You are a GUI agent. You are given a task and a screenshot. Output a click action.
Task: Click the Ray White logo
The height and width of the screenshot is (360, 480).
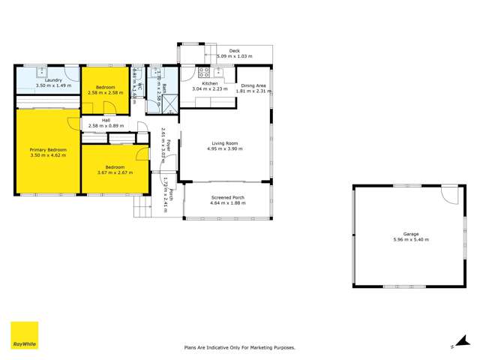[x=24, y=336]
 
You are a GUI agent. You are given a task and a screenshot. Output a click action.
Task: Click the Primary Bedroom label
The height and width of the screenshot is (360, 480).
[x=48, y=150]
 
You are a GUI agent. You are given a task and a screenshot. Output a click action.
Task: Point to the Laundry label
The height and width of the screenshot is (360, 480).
[x=52, y=80]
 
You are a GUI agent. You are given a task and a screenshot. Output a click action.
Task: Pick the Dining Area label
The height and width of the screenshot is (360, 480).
[x=250, y=84]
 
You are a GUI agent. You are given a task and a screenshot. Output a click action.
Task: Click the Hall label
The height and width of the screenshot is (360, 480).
[x=105, y=119]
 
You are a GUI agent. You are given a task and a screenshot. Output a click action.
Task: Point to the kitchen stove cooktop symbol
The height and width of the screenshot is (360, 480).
[x=203, y=73]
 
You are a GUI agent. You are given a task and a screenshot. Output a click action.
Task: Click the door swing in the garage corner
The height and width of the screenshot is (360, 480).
[x=448, y=195]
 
